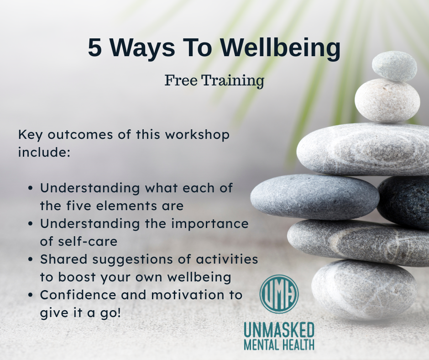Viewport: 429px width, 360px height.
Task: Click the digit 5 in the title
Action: [94, 48]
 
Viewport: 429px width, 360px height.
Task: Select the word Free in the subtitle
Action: [181, 80]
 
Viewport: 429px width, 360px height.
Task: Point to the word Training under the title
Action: [233, 81]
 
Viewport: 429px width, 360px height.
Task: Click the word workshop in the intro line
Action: [197, 135]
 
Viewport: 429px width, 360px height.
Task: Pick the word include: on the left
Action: [44, 152]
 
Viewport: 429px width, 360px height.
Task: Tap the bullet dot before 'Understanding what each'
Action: [31, 189]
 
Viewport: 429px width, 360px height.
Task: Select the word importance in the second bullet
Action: [210, 224]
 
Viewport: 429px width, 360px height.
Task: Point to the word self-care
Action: [88, 242]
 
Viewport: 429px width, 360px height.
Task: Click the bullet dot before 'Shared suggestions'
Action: [31, 259]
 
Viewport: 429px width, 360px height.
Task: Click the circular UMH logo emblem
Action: [279, 294]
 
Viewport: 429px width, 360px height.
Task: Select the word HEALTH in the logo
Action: [297, 344]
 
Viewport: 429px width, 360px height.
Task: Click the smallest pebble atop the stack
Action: [394, 66]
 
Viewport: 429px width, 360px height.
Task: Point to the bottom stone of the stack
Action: [364, 290]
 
